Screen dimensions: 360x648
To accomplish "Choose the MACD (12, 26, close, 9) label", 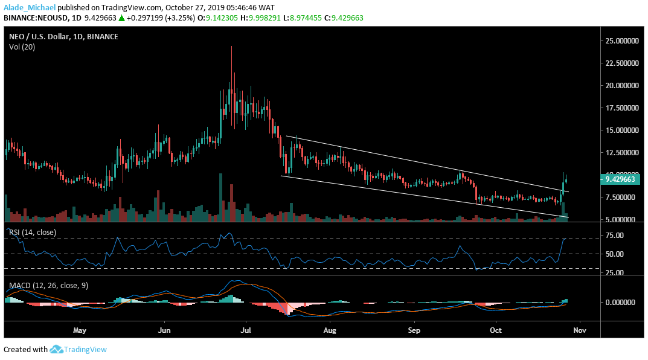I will click(48, 285).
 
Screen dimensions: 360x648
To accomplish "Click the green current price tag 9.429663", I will click(622, 179).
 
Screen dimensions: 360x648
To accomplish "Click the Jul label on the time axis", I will click(246, 331).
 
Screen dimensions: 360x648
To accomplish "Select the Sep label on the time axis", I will click(413, 331).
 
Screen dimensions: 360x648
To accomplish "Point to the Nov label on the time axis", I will click(580, 331).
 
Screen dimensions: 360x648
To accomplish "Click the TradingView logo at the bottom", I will click(78, 350).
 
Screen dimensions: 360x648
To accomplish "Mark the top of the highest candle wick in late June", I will click(232, 47).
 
